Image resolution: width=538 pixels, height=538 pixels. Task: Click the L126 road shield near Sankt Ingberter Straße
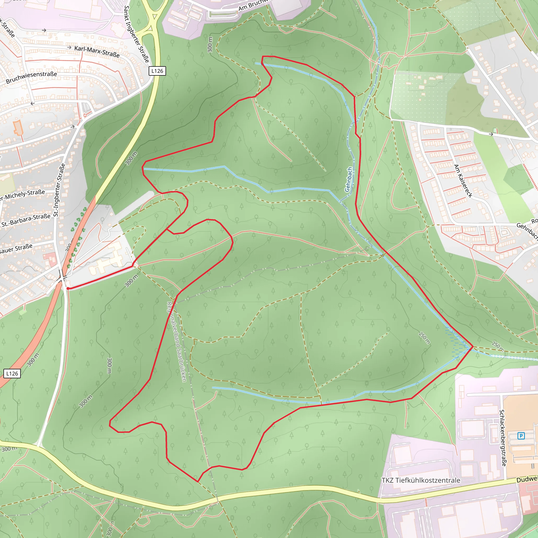pos(157,71)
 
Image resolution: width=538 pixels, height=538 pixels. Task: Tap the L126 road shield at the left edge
pos(12,374)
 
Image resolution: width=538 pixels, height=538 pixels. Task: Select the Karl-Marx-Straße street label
pos(97,51)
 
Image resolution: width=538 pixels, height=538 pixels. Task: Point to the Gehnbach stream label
pos(348,179)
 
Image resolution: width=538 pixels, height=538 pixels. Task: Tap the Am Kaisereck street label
pos(463,181)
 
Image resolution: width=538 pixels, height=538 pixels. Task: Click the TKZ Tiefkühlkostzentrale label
pos(421,480)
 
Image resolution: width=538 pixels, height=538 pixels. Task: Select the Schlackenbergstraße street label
pos(503,437)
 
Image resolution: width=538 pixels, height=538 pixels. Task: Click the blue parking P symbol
pos(521,436)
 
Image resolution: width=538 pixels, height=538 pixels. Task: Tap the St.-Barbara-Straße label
pos(26,220)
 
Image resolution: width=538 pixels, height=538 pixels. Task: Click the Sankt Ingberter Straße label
pos(136,34)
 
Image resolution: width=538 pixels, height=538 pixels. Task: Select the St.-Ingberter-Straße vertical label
pos(59,190)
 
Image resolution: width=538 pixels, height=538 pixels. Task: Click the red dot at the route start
pos(68,288)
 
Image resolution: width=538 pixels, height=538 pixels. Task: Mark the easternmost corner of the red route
pos(473,347)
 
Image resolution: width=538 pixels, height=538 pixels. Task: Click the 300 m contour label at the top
pos(210,45)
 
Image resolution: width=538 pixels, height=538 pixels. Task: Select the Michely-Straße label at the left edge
pos(22,195)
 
